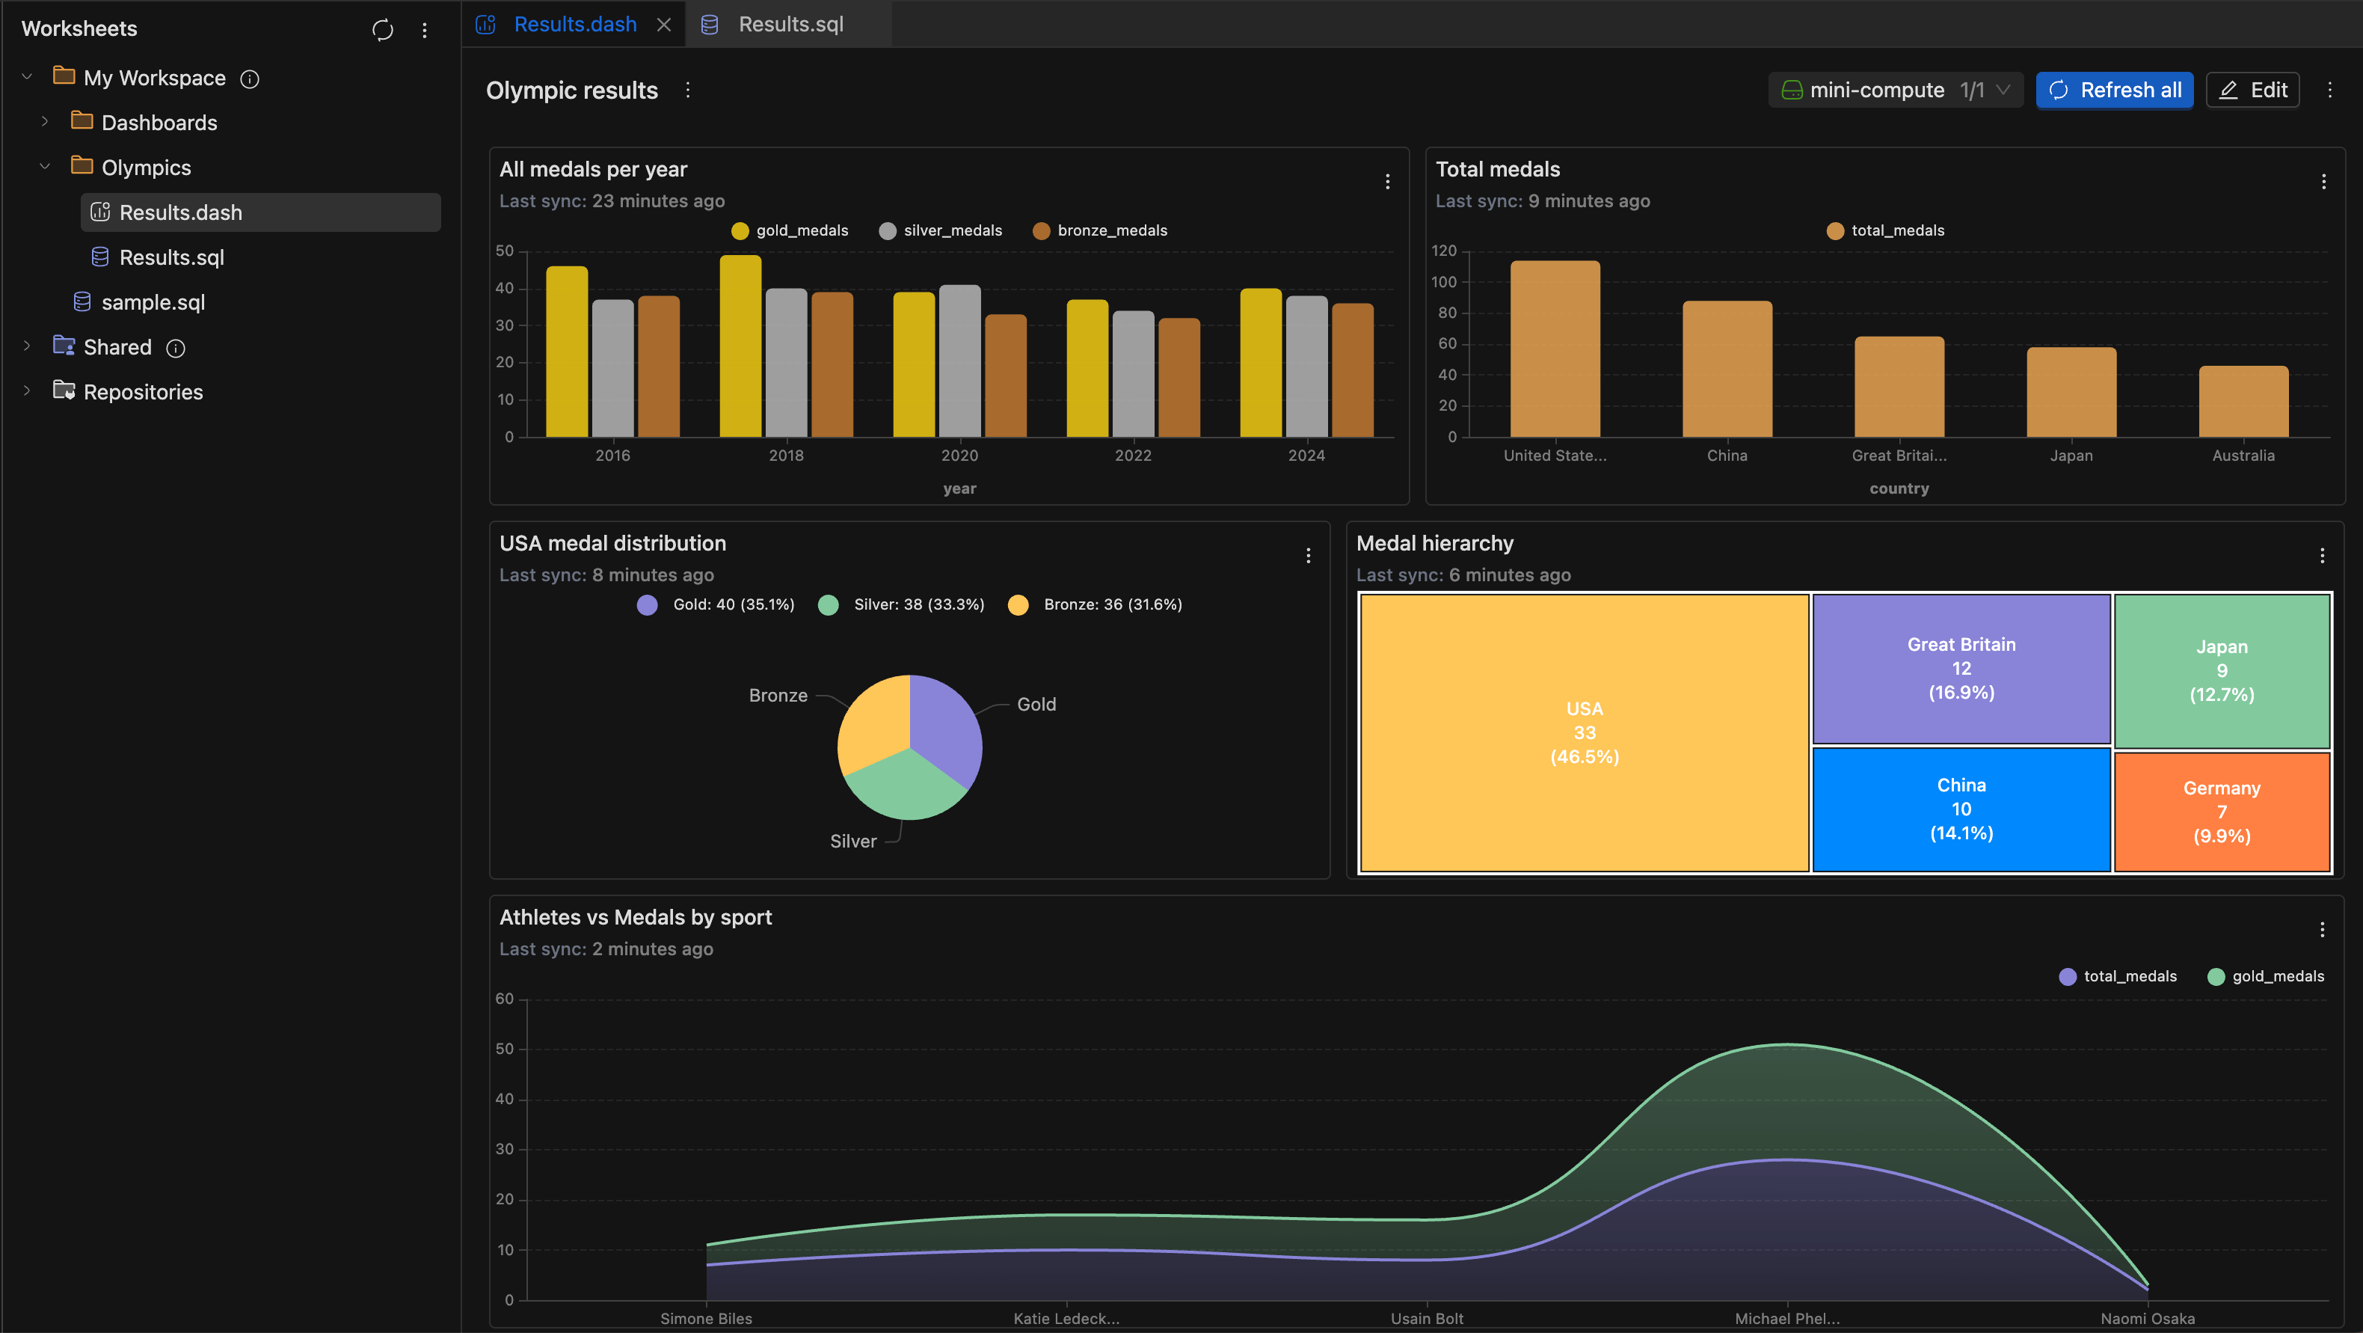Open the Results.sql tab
coord(789,25)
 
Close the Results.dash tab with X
coord(664,25)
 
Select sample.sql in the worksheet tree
coord(153,301)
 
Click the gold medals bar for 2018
coord(740,347)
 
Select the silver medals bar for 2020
coord(959,361)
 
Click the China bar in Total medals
coord(1727,369)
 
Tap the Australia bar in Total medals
coord(2243,402)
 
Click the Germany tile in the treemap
coord(2221,811)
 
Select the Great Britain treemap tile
coord(1960,668)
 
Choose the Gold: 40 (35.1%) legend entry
coord(716,604)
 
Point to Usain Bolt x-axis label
coord(1427,1318)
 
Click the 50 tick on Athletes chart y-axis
coord(505,1049)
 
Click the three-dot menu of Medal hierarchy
coord(2322,555)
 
